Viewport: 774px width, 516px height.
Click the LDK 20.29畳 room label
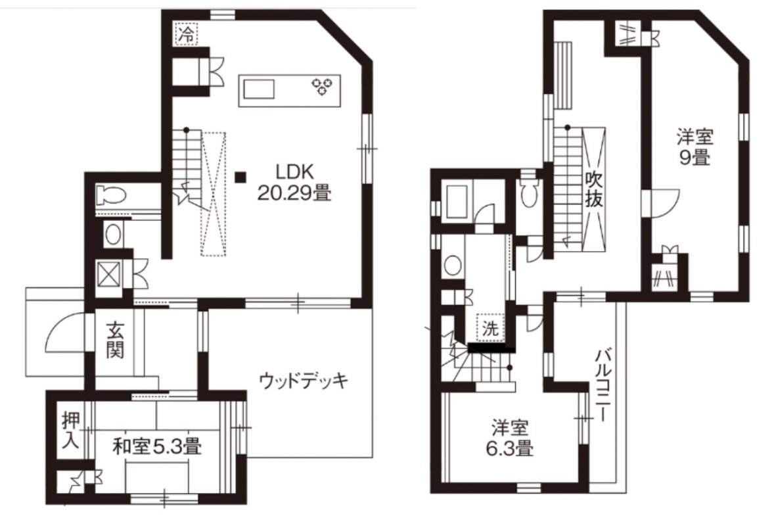pos(294,182)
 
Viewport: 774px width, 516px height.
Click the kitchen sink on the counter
pos(258,90)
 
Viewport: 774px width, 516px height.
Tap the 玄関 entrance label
pos(114,340)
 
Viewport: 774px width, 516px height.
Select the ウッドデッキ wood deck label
pos(303,381)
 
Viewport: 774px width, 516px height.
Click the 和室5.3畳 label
pos(156,447)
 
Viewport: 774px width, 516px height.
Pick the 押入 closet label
pos(70,430)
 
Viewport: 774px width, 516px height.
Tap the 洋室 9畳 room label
pos(694,147)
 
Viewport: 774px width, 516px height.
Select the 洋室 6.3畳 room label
pos(509,438)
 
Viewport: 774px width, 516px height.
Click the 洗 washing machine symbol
pos(490,329)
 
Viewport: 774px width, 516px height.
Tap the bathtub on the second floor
pos(458,201)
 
